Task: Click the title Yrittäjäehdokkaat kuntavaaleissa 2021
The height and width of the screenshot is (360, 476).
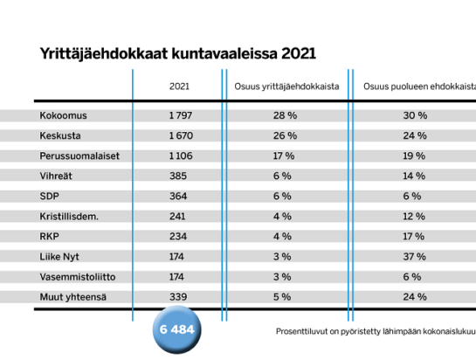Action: (x=178, y=54)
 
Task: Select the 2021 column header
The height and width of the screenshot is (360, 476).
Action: (x=179, y=87)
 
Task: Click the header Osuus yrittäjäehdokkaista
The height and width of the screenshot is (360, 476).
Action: (x=286, y=87)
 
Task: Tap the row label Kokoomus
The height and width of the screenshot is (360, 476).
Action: (x=63, y=115)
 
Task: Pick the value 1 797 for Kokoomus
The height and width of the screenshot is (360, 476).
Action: (x=181, y=115)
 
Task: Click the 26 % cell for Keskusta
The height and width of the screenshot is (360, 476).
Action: (x=285, y=135)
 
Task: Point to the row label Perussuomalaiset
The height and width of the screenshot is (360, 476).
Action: (x=79, y=156)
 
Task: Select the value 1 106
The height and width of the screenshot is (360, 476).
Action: (x=181, y=156)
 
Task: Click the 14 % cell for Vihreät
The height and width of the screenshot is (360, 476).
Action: (x=414, y=177)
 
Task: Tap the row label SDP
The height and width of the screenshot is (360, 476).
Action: (x=49, y=197)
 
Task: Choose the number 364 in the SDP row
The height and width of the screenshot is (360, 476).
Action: (x=178, y=197)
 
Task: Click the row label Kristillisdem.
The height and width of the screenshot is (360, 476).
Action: (x=69, y=217)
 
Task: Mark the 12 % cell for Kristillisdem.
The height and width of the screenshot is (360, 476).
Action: (x=414, y=217)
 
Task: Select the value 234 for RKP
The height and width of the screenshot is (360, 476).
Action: (x=178, y=237)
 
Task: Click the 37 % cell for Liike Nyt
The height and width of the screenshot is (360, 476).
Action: (x=414, y=257)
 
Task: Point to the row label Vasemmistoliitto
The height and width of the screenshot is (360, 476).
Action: (x=78, y=277)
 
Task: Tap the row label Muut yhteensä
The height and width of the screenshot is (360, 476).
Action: (x=72, y=297)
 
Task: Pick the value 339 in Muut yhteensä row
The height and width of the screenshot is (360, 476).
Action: (x=178, y=297)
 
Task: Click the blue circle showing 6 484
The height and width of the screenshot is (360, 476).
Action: (x=177, y=329)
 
